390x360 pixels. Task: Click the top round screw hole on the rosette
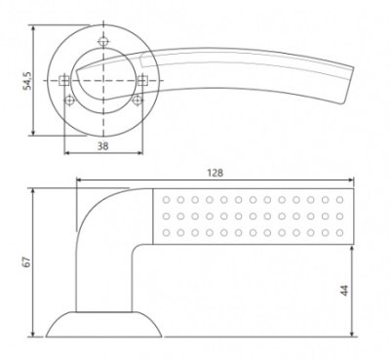[x=101, y=42]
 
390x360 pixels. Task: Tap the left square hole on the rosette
[x=65, y=79]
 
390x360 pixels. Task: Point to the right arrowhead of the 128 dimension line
[x=353, y=180]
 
